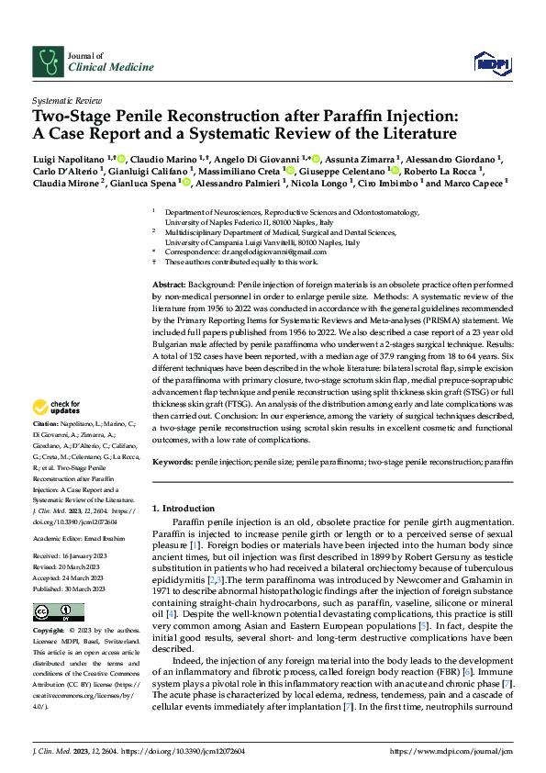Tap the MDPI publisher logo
492,62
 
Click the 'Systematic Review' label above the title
67,98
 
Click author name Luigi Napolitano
68,159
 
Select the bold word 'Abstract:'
169,286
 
